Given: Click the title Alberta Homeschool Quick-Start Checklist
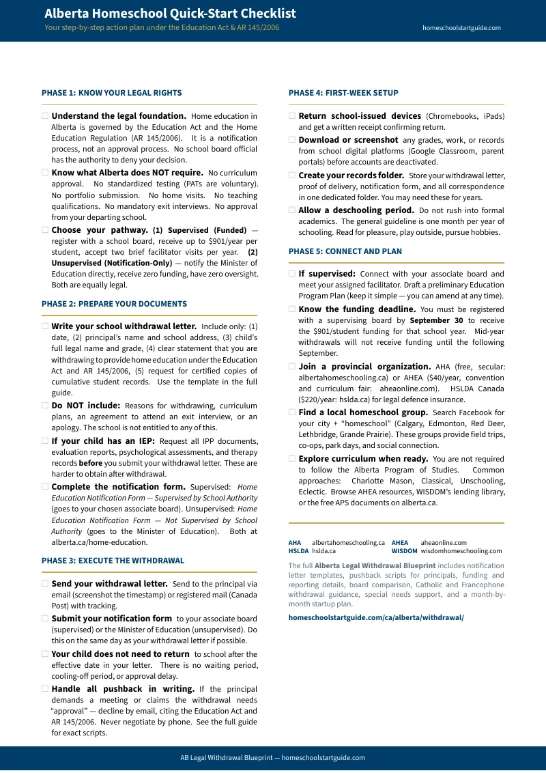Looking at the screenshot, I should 170,14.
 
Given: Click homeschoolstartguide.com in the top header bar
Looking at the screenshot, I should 461,28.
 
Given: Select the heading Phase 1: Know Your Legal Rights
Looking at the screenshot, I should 111,93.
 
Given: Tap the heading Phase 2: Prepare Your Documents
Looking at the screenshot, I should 114,304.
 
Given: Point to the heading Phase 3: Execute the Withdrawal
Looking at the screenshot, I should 113,561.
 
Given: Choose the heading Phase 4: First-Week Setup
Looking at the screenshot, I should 343,93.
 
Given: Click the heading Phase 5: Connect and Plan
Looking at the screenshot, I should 345,251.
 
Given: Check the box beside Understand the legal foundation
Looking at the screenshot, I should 45,116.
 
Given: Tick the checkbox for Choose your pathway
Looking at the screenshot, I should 45,230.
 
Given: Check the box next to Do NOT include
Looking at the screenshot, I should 45,406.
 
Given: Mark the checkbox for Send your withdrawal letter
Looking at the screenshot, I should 45,584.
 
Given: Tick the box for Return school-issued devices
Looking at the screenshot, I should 292,116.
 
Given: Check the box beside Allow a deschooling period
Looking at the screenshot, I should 292,210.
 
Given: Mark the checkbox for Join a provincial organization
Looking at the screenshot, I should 292,367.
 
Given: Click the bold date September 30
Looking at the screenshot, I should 436,320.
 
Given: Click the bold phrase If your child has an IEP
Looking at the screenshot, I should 103,440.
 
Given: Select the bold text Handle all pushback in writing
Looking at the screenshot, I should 123,689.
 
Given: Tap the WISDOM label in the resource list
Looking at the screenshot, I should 404,551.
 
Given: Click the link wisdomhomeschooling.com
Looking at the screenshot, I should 461,551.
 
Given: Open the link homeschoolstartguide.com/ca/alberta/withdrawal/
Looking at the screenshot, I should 376,617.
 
